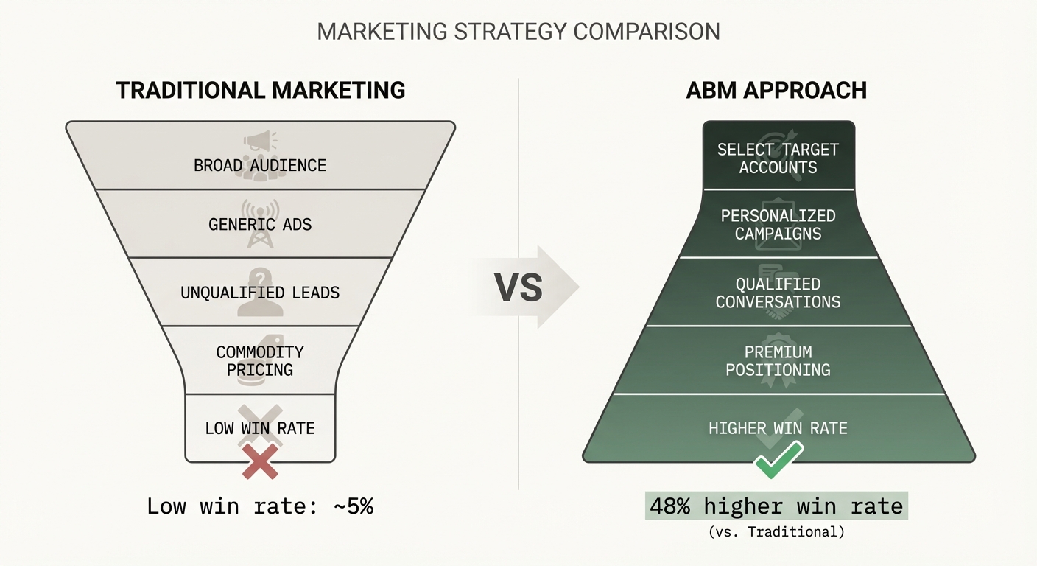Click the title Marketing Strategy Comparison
(x=518, y=32)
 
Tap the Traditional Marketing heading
(x=261, y=90)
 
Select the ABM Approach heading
(x=776, y=90)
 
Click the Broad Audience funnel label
(x=260, y=165)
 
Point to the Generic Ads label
(x=260, y=224)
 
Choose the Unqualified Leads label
(x=260, y=293)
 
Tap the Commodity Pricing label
(x=260, y=360)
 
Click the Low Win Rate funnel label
(x=260, y=428)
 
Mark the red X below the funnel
(x=260, y=465)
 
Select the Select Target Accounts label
(x=778, y=158)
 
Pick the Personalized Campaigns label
(x=778, y=225)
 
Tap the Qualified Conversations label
(x=778, y=293)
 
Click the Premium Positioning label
(x=778, y=360)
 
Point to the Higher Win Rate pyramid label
(x=778, y=428)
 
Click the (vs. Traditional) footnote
(x=776, y=531)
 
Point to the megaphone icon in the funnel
(x=261, y=141)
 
